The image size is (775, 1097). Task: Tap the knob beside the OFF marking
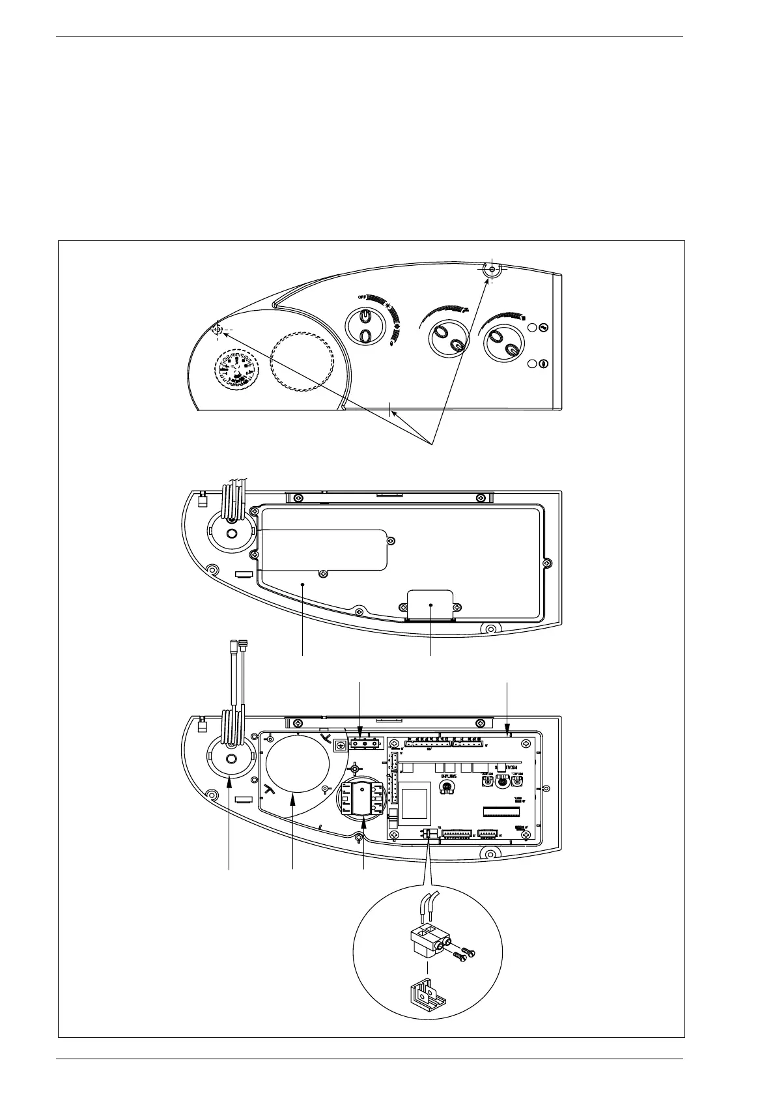365,325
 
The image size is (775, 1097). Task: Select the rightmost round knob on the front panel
501,342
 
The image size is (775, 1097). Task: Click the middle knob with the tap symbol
449,339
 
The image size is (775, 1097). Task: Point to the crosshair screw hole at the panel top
492,268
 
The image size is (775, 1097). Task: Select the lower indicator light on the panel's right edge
543,365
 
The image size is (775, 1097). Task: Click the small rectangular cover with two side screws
430,605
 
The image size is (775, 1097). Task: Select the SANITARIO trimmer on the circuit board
446,789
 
